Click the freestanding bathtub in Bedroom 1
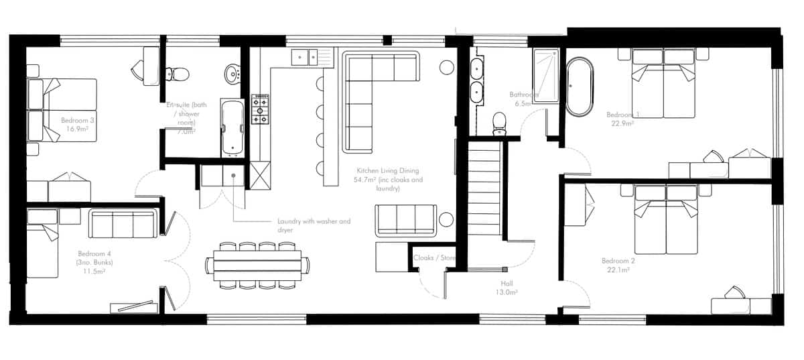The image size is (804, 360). coord(580,88)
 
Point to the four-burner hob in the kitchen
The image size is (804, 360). coord(260,109)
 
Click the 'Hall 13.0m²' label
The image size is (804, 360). coord(506,288)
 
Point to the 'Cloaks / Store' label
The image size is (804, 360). coord(435,257)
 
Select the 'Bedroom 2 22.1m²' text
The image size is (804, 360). coord(618,265)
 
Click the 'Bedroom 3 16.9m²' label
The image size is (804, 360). coord(77,125)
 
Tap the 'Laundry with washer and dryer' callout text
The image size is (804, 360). coord(314,225)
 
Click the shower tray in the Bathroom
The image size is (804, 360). coord(546,75)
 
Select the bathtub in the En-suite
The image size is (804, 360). coord(232,128)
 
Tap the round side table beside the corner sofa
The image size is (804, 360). coord(446,67)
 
